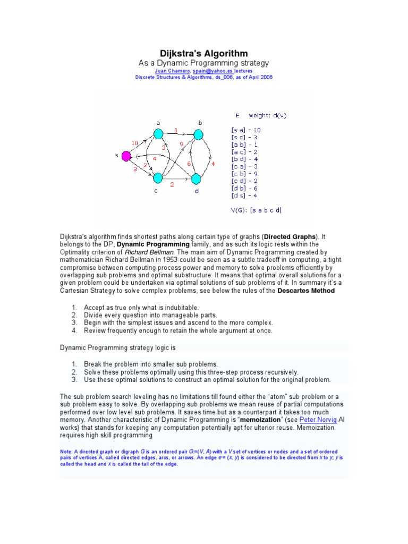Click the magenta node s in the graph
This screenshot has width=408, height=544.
click(x=126, y=156)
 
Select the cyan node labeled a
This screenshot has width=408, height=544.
click(x=158, y=134)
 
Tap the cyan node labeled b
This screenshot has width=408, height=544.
click(x=199, y=134)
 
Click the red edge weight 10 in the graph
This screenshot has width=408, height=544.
click(x=135, y=142)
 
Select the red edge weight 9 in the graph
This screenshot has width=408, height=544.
click(x=181, y=143)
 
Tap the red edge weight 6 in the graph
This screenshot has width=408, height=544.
click(x=189, y=164)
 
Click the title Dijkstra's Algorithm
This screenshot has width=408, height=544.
click(x=204, y=54)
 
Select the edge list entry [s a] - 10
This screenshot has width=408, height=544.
click(x=245, y=130)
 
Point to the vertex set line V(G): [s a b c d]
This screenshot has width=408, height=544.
click(x=256, y=210)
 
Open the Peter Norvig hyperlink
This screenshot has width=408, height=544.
click(x=315, y=419)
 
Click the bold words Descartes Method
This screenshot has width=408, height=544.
click(x=306, y=291)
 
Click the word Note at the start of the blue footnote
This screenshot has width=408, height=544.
click(x=66, y=451)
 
